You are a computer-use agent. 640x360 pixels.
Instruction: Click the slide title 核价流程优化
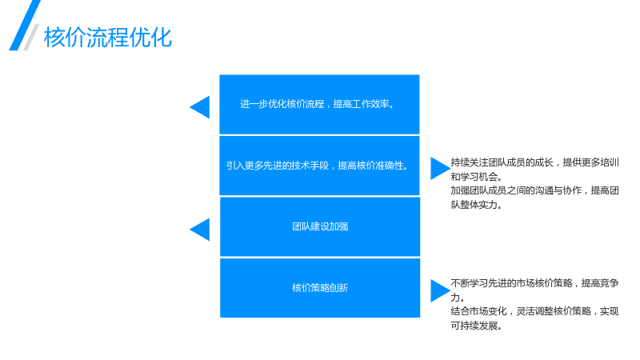(108, 37)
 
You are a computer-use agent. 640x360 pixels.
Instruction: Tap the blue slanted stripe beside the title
(25, 26)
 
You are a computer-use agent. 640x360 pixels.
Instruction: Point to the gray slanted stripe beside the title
(31, 37)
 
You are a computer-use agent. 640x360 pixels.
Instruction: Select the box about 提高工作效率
(319, 105)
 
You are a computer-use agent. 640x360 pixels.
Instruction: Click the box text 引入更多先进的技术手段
(278, 166)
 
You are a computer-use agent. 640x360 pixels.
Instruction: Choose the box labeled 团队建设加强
(320, 226)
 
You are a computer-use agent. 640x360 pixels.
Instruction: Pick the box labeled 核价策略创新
(320, 288)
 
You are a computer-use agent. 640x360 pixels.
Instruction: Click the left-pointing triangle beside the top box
(199, 107)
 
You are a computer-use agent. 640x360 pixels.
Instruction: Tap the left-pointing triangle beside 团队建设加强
(199, 230)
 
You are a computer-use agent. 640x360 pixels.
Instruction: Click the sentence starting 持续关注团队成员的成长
(534, 170)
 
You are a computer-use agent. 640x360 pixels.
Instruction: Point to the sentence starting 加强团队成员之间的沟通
(534, 198)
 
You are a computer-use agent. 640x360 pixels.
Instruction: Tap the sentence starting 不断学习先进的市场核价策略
(534, 290)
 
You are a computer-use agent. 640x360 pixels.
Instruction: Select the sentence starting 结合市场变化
(534, 318)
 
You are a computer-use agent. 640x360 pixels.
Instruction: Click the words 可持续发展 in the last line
(474, 326)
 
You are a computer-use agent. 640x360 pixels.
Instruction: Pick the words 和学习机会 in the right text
(474, 177)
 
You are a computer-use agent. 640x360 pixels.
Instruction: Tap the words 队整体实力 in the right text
(474, 205)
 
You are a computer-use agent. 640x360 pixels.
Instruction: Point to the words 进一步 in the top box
(254, 104)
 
